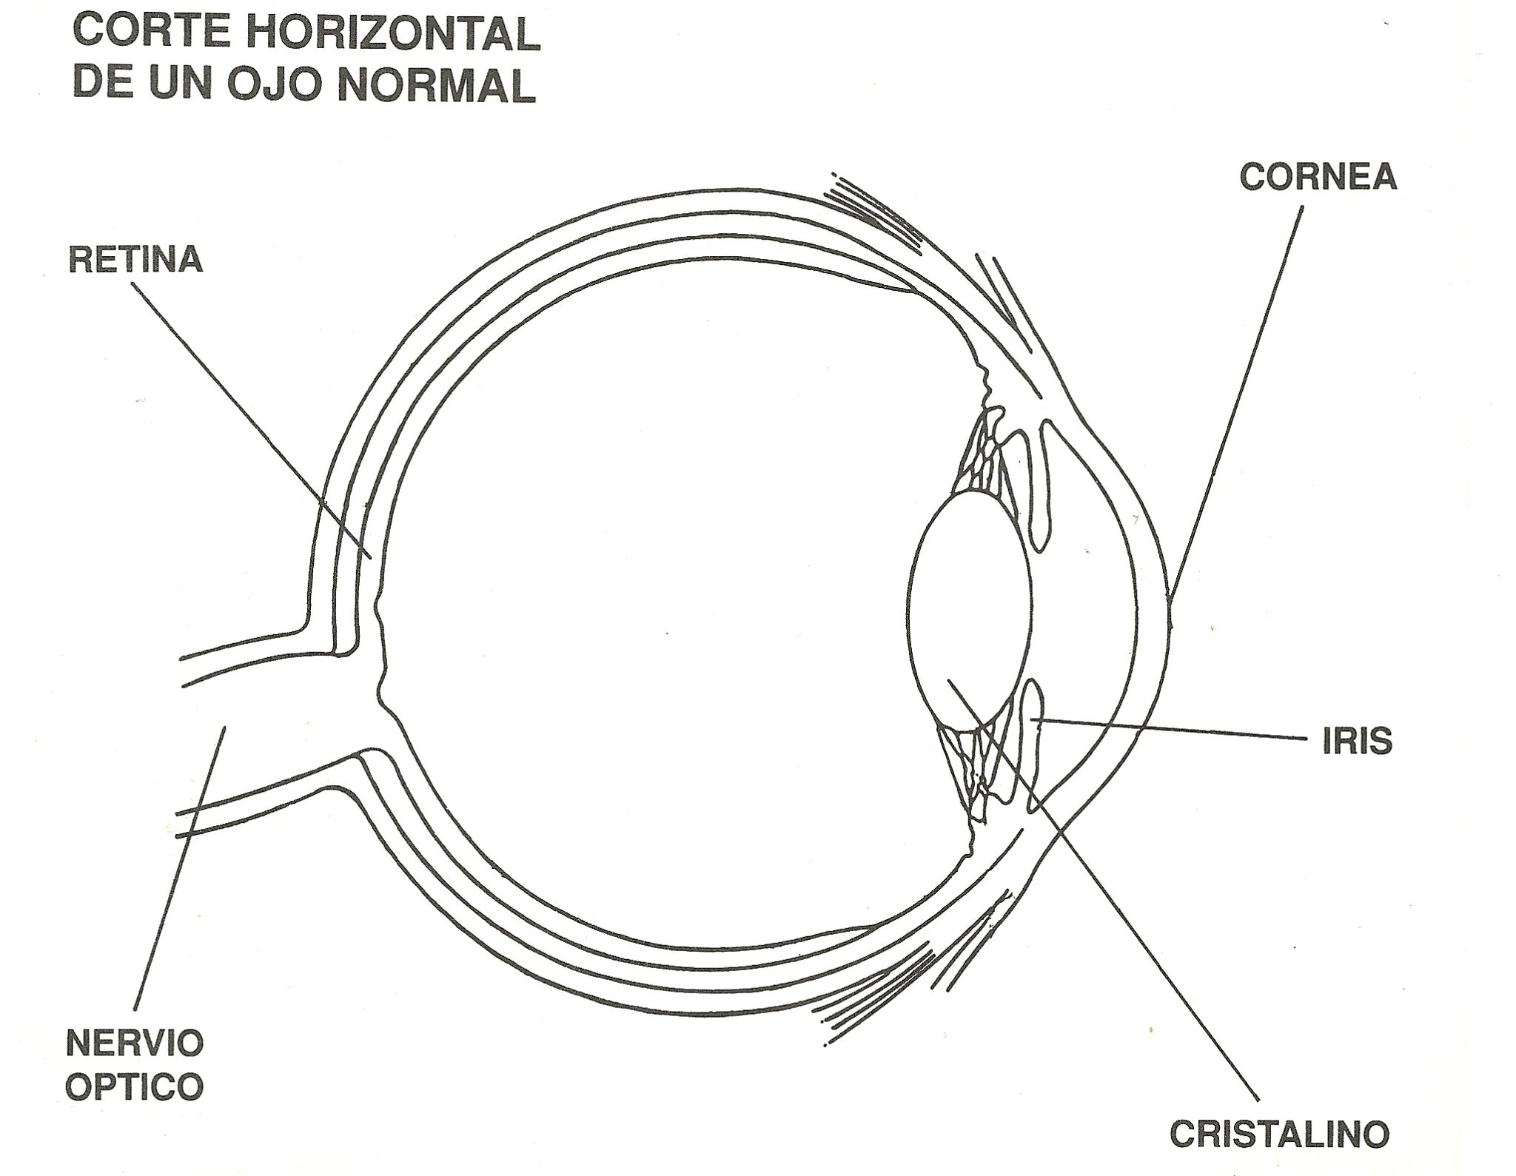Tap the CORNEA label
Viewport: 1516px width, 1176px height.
(x=1318, y=178)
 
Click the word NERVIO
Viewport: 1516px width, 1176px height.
(x=135, y=1044)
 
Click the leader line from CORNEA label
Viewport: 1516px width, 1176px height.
(x=1236, y=400)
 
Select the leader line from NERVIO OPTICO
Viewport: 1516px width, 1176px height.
(x=178, y=873)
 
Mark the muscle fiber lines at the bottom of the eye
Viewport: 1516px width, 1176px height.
(x=873, y=995)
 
